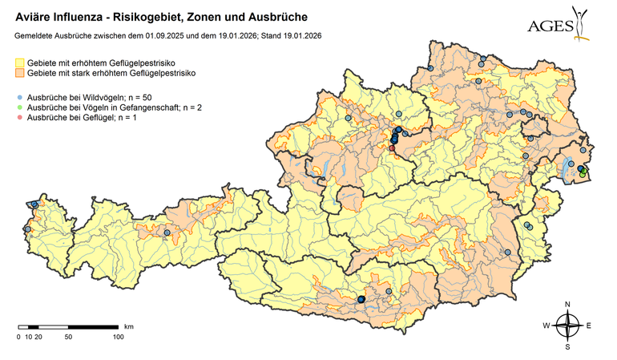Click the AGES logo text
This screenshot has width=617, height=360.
click(x=550, y=26)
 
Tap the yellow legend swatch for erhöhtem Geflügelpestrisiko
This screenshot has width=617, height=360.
click(x=20, y=62)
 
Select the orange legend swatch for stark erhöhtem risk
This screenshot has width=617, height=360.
click(x=20, y=73)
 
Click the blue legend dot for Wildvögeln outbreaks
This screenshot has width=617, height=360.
click(x=20, y=96)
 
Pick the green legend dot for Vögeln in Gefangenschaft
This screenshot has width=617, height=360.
click(x=20, y=107)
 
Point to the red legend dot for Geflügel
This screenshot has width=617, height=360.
click(x=20, y=118)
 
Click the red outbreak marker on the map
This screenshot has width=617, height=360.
click(x=392, y=148)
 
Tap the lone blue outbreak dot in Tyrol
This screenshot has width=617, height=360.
click(x=167, y=233)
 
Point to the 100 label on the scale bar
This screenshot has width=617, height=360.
click(x=118, y=337)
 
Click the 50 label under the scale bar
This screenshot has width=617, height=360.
click(x=68, y=337)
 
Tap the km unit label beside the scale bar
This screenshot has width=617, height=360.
click(x=128, y=327)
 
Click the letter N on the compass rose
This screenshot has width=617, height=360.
click(x=567, y=305)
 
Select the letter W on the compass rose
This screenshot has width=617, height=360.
click(x=546, y=326)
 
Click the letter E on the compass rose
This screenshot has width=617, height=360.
click(x=588, y=326)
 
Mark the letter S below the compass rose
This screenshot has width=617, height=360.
click(x=567, y=347)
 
